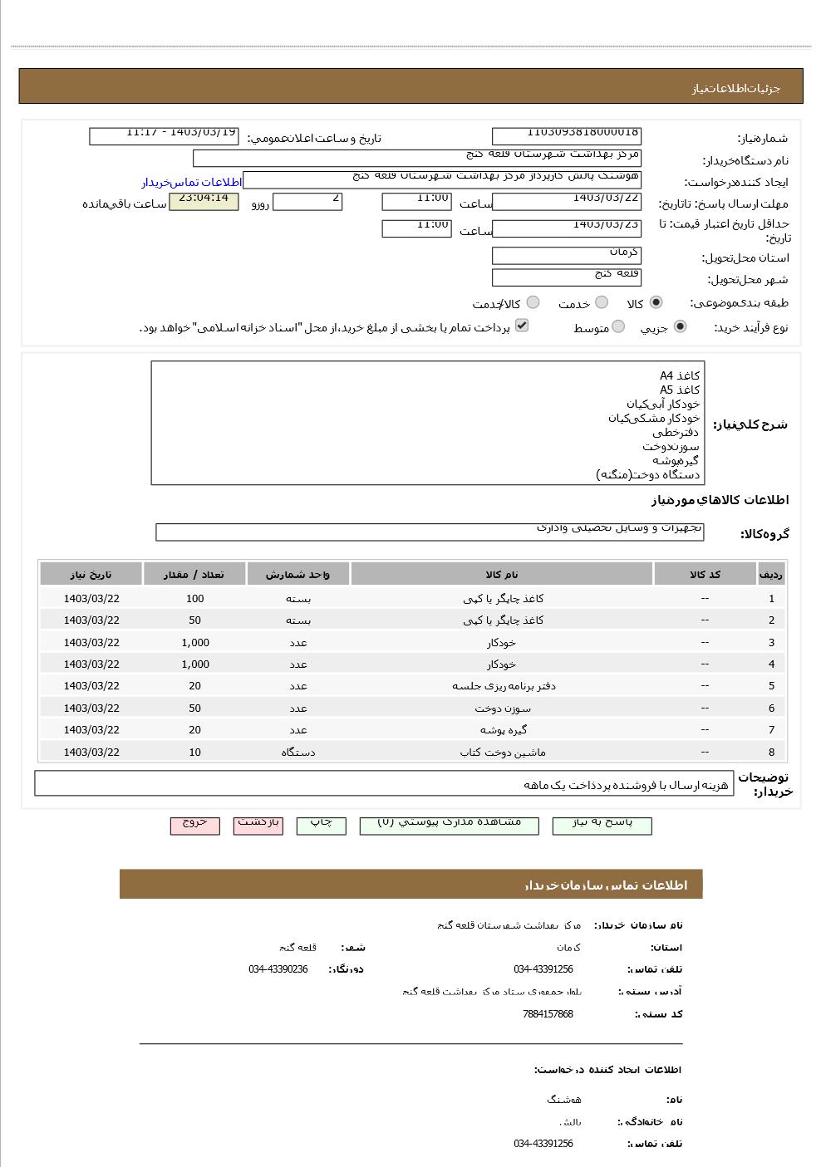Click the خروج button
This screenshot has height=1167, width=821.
coord(194,825)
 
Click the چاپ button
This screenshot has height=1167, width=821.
coord(321,825)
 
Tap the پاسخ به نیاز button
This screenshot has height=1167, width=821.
coord(602,825)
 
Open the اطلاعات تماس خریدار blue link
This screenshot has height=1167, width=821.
coord(191,182)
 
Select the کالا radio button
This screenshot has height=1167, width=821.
coord(656,303)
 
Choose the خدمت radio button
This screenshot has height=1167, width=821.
coord(602,303)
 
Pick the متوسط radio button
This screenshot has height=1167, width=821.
coord(617,327)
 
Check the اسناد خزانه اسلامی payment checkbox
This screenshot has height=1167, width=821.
coord(522,326)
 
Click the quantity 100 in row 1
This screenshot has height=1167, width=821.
coord(194,599)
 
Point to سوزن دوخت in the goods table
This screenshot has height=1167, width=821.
coord(503,709)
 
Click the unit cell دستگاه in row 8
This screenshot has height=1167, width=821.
coord(298,753)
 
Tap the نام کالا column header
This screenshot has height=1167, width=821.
coord(502,575)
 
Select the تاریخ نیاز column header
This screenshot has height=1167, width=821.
coord(91,575)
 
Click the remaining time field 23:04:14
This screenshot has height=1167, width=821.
coord(204,201)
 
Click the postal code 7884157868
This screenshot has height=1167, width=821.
coord(548,1014)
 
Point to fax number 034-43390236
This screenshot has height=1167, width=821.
coord(278,969)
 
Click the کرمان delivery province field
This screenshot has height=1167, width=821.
coord(566,255)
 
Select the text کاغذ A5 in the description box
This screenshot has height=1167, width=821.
coord(680,390)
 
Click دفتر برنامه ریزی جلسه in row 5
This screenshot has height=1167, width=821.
coord(504,686)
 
